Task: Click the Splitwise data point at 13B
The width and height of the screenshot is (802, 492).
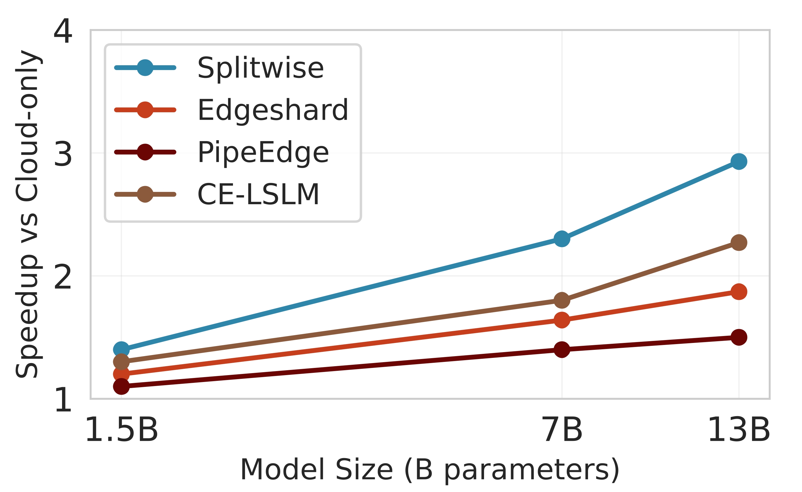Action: click(739, 162)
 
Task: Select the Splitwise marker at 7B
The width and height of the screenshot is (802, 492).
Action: click(562, 239)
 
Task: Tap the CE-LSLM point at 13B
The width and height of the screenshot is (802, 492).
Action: click(739, 243)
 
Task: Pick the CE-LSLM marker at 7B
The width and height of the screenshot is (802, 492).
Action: click(562, 300)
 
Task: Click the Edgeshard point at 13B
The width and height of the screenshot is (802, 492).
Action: click(739, 292)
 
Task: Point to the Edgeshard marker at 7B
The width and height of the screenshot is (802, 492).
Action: click(562, 320)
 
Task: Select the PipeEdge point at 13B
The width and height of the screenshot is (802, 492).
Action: click(739, 337)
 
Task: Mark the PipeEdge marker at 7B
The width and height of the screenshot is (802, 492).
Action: click(562, 350)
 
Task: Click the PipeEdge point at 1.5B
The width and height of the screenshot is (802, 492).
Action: click(122, 387)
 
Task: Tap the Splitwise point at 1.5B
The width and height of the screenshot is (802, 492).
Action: click(122, 350)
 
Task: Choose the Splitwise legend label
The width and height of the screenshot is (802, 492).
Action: click(260, 68)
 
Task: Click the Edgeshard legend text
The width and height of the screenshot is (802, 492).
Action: click(273, 110)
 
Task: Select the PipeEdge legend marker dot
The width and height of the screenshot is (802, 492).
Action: click(145, 152)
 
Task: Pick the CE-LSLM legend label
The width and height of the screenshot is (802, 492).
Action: click(258, 194)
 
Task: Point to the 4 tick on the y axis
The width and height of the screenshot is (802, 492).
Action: click(63, 31)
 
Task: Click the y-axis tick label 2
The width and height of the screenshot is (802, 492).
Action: click(63, 277)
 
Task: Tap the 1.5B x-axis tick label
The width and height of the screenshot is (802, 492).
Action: click(122, 430)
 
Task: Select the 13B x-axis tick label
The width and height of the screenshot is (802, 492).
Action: click(739, 430)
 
